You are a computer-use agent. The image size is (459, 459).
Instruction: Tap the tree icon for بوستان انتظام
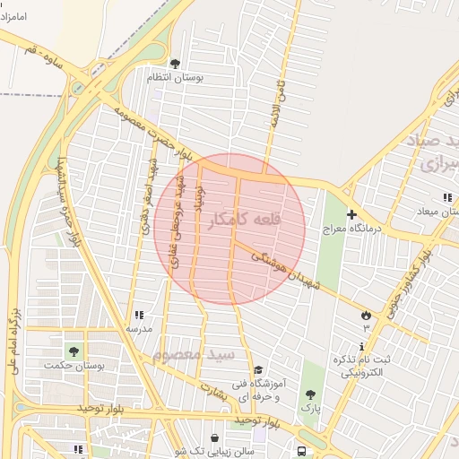tap(174, 63)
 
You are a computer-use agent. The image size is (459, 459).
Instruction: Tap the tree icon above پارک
tap(310, 394)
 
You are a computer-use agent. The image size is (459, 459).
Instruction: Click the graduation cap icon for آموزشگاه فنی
tap(258, 369)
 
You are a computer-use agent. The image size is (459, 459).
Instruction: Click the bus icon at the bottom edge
tap(302, 452)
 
